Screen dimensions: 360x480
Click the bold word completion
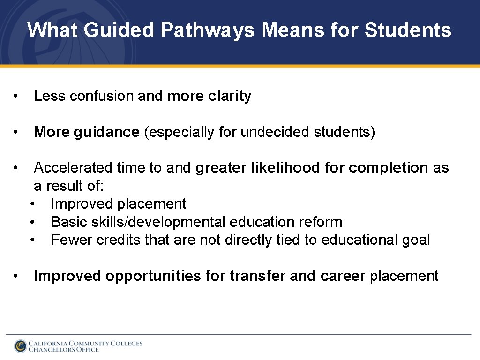click(x=389, y=168)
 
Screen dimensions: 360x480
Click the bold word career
click(x=343, y=276)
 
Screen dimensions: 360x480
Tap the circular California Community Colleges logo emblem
click(x=20, y=346)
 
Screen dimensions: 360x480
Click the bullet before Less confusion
click(x=16, y=96)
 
